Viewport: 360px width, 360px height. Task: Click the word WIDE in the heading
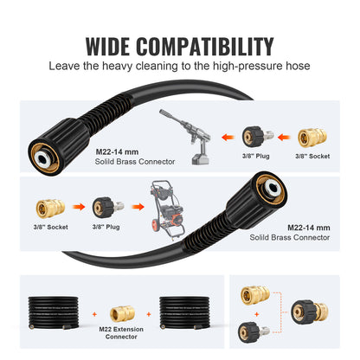click(107, 46)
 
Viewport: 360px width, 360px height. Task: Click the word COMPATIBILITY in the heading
click(205, 46)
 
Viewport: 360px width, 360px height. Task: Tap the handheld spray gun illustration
click(185, 137)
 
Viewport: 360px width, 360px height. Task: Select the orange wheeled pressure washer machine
click(167, 210)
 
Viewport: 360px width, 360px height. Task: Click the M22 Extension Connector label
click(121, 332)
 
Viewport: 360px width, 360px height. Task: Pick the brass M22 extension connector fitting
click(122, 313)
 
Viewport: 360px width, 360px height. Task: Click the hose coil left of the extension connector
click(54, 313)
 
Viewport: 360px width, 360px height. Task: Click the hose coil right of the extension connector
click(184, 313)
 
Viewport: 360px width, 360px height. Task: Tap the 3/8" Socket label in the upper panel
click(312, 156)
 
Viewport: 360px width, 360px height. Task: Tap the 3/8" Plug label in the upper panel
click(255, 156)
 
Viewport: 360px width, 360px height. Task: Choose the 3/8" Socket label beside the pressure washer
click(51, 227)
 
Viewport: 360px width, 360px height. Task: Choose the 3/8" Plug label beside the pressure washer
click(106, 227)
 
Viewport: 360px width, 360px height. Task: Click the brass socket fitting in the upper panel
click(312, 138)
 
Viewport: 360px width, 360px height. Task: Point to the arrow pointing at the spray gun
click(228, 137)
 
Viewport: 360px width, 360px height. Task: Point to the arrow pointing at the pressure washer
click(138, 207)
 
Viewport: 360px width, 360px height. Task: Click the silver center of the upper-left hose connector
click(42, 158)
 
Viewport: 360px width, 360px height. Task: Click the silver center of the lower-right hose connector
click(272, 188)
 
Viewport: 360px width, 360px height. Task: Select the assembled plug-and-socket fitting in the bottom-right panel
click(309, 312)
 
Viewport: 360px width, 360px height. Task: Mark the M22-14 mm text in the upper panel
click(117, 151)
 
